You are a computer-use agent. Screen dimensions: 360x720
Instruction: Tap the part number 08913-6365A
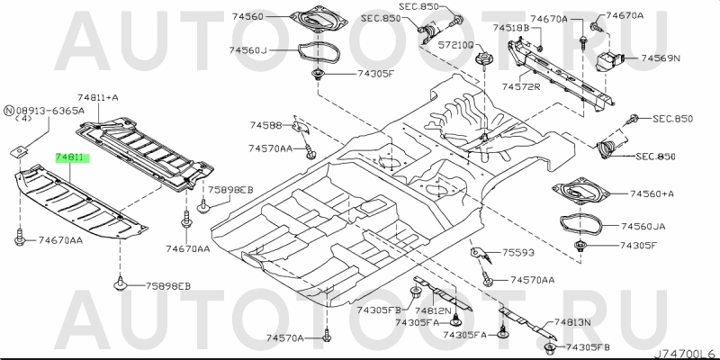click(x=50, y=110)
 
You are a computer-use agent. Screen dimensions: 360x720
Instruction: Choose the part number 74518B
click(x=510, y=29)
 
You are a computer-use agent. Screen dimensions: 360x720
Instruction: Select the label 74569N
click(x=661, y=58)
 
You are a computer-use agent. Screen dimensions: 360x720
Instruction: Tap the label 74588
click(x=265, y=125)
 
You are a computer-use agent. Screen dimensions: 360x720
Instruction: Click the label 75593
click(x=517, y=254)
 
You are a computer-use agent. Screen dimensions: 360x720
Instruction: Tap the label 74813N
click(x=572, y=322)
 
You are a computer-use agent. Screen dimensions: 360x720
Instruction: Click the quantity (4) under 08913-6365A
click(x=24, y=120)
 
